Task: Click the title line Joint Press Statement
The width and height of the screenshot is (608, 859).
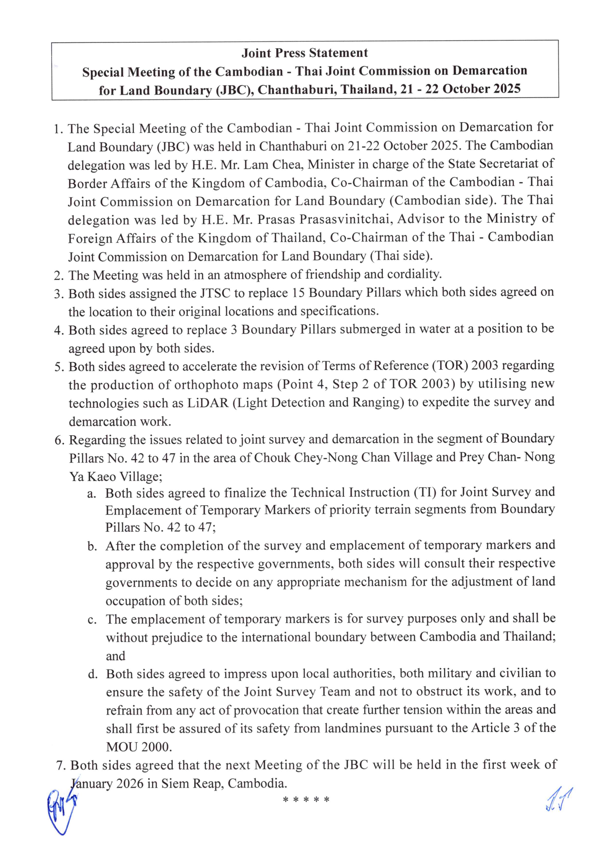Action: click(x=304, y=53)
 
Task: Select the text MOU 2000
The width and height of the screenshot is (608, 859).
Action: click(x=139, y=747)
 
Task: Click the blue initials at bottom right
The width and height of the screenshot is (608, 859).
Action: click(x=558, y=800)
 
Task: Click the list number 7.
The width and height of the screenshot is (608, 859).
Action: click(x=60, y=766)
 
